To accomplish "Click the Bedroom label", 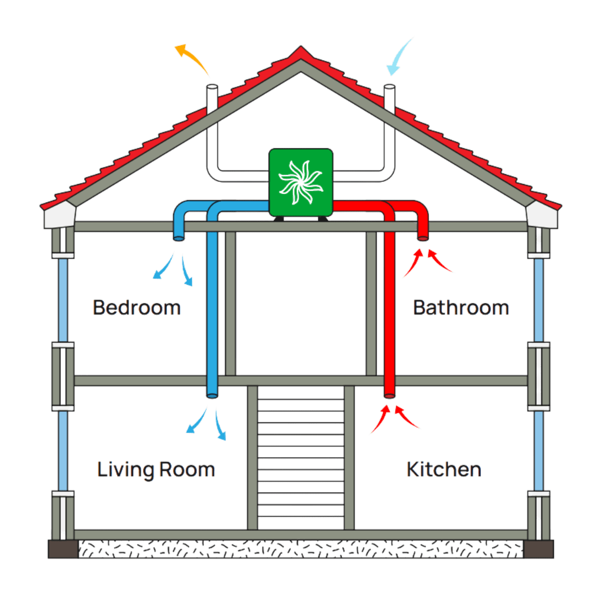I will point(137,307).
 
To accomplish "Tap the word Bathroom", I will point(460,307).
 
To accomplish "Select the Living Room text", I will point(156,469).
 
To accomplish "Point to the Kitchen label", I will point(444,469).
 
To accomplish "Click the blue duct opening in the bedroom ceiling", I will point(179,238).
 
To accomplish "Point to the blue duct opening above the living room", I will point(212,395).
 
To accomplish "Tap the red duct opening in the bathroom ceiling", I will point(422,238).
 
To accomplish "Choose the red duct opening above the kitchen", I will point(389,395).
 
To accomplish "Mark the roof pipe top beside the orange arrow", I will point(211,87).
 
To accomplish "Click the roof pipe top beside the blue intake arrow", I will point(390,87).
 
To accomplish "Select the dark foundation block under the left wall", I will point(62,549).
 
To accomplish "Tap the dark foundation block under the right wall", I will point(540,549).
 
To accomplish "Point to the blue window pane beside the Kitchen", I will point(539,451).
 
